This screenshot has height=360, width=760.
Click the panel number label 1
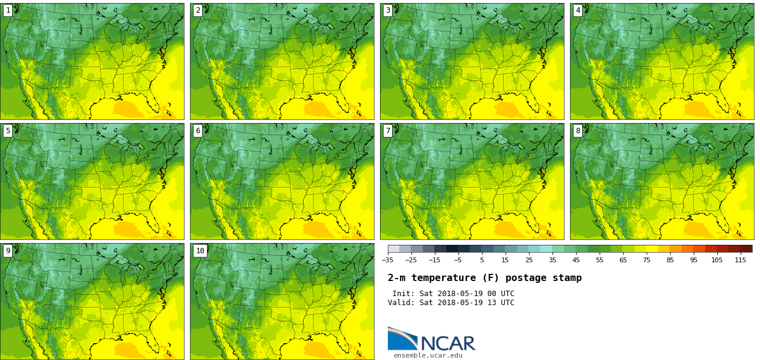(x=8, y=10)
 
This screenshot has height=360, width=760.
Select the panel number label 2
(x=198, y=10)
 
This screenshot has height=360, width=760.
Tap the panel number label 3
(x=388, y=10)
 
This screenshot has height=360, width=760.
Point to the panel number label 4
(x=578, y=10)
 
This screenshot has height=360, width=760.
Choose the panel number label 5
(x=8, y=131)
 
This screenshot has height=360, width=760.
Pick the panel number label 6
(x=198, y=131)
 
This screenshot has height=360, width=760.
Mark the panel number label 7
(x=388, y=131)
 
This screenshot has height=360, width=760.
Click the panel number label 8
(x=578, y=131)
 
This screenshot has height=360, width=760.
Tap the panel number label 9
(x=8, y=251)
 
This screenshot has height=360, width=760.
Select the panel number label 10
(x=200, y=251)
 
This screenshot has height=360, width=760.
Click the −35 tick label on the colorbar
(x=387, y=260)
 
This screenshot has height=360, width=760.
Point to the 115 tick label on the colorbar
(x=740, y=260)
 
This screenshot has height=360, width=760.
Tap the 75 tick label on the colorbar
(x=647, y=260)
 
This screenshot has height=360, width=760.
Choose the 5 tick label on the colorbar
(x=481, y=260)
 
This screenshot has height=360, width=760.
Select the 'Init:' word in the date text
(x=404, y=294)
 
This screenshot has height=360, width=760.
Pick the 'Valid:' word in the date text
(x=401, y=303)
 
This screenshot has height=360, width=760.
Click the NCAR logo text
(x=448, y=343)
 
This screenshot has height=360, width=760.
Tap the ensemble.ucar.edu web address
(x=428, y=356)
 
